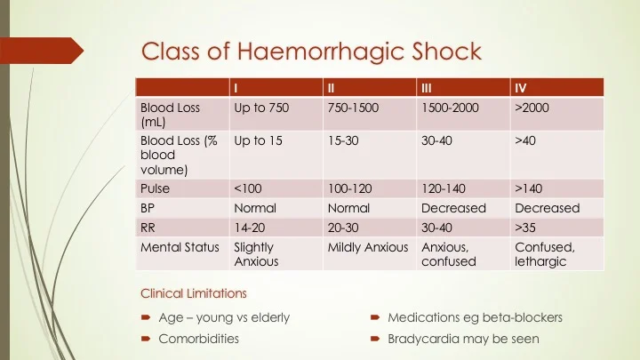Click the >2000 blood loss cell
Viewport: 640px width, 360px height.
coord(532,108)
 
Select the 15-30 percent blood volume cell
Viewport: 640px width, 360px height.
coord(343,140)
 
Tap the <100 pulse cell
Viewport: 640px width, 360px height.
coord(247,188)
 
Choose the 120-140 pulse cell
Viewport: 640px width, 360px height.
coord(444,188)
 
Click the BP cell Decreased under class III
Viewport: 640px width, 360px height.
coord(453,208)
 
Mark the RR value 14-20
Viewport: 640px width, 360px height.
coord(249,228)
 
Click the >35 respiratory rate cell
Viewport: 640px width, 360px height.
coord(525,228)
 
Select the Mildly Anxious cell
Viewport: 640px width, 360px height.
coord(368,247)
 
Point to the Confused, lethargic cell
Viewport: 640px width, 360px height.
coord(545,254)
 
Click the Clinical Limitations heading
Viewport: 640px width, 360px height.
coord(194,292)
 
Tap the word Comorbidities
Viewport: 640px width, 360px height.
coord(198,339)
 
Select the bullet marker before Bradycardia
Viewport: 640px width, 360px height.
coord(376,340)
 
